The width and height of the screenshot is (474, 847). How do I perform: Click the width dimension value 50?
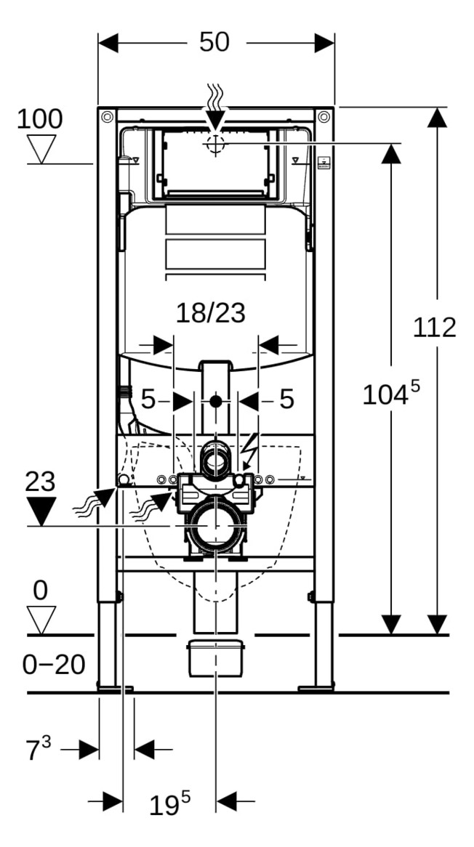pyautogui.click(x=214, y=42)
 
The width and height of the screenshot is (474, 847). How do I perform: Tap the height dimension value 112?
pyautogui.click(x=434, y=328)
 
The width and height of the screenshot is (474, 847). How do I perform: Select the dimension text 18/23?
pyautogui.click(x=211, y=313)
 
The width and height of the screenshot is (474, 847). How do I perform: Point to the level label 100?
pyautogui.click(x=39, y=119)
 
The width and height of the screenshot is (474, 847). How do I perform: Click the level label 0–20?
pyautogui.click(x=54, y=665)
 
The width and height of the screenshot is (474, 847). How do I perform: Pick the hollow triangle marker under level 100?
pyautogui.click(x=41, y=148)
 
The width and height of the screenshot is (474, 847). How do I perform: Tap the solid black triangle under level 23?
pyautogui.click(x=41, y=511)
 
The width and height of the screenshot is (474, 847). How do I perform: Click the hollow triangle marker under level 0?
pyautogui.click(x=41, y=620)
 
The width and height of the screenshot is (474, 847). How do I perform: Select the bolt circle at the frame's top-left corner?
pyautogui.click(x=107, y=117)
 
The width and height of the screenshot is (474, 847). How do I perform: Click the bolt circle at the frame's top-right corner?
pyautogui.click(x=324, y=117)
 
